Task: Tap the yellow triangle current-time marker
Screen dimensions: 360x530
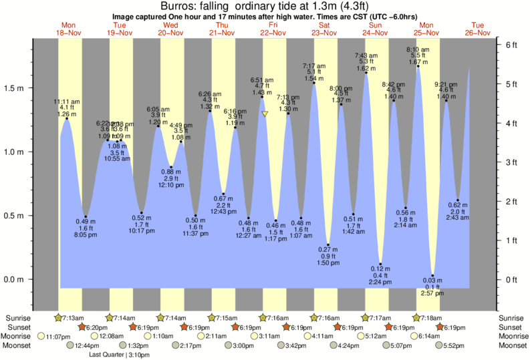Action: point(265,114)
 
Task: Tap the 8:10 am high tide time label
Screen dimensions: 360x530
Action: point(418,49)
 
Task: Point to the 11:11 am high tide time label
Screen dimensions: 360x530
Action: point(66,102)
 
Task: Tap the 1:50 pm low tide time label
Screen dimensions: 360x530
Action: point(328,264)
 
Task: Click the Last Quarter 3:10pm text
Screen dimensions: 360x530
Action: point(119,355)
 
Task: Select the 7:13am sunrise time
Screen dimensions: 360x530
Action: point(73,317)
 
